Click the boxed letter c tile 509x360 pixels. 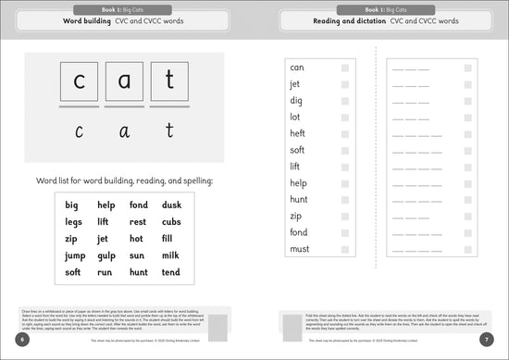pyautogui.click(x=79, y=81)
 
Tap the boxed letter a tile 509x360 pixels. pyautogui.click(x=125, y=81)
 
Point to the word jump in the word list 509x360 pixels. pyautogui.click(x=74, y=255)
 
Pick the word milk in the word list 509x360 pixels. pyautogui.click(x=171, y=255)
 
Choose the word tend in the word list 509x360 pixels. pyautogui.click(x=171, y=272)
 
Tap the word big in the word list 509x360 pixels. pyautogui.click(x=71, y=205)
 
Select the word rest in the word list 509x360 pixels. pyautogui.click(x=138, y=221)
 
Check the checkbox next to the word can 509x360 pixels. pyautogui.click(x=345, y=68)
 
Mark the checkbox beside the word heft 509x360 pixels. pyautogui.click(x=345, y=133)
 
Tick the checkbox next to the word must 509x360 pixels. pyautogui.click(x=345, y=249)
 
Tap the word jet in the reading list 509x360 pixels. pyautogui.click(x=295, y=84)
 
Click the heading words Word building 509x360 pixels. pyautogui.click(x=89, y=19)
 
